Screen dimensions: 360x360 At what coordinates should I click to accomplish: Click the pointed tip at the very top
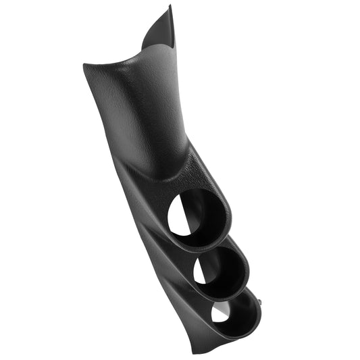click(x=170, y=7)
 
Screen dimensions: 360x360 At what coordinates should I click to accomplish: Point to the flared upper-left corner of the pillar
click(x=86, y=66)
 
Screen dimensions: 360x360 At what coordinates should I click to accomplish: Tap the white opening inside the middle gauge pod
click(x=201, y=271)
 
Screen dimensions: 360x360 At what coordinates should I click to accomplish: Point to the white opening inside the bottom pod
click(x=220, y=312)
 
